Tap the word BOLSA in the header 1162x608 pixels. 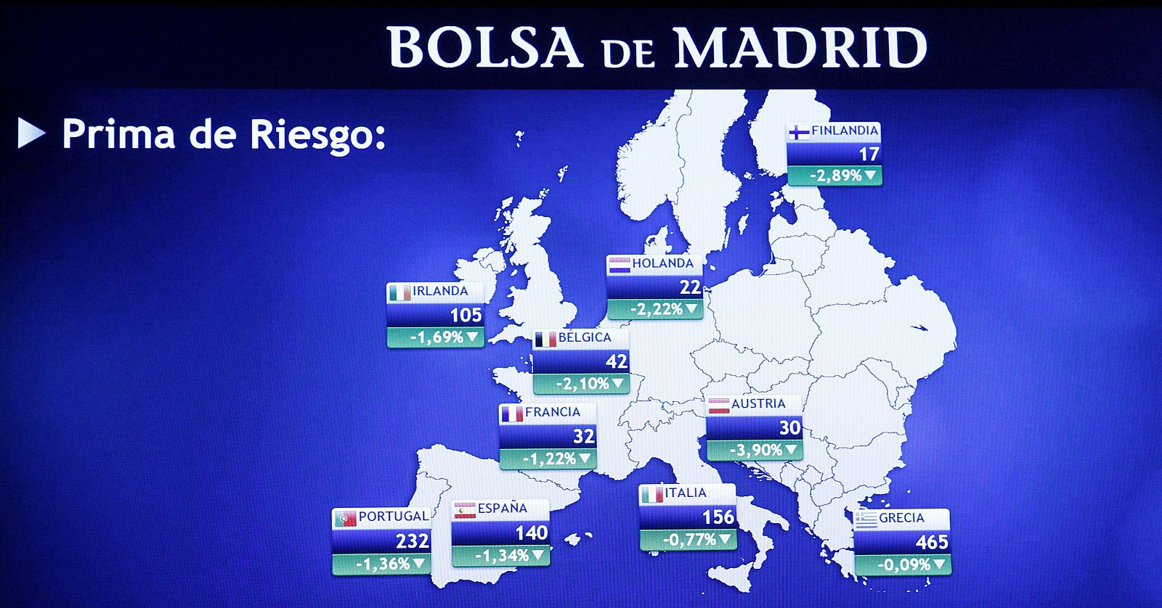pos(485,48)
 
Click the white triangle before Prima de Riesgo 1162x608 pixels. pos(31,133)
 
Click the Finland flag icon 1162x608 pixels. pos(799,132)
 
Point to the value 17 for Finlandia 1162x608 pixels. pos(869,154)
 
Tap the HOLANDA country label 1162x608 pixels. pos(662,263)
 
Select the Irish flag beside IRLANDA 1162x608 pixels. pos(399,292)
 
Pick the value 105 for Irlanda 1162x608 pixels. pos(466,315)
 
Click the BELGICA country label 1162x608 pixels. pos(585,337)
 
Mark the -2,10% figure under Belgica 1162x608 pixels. pos(582,383)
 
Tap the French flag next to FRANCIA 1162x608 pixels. pos(511,414)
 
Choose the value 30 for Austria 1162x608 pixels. pos(789,427)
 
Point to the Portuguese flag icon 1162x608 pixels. pos(345,518)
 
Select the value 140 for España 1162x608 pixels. pos(531,533)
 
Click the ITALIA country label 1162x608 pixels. pos(685,493)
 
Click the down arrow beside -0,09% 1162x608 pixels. pos(940,564)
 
